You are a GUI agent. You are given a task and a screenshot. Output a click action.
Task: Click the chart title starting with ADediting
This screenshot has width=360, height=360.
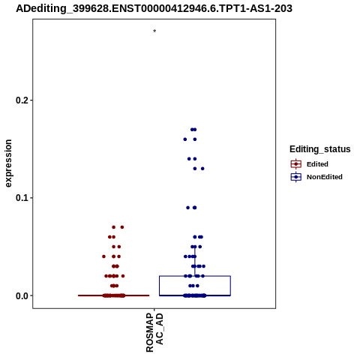coord(154,9)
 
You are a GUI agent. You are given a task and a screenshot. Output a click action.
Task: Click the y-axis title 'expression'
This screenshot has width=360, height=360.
coord(8,163)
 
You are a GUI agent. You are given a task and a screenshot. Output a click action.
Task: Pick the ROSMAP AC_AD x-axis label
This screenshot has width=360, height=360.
coord(154,332)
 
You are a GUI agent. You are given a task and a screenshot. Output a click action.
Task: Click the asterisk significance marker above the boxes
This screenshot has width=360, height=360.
coord(154,31)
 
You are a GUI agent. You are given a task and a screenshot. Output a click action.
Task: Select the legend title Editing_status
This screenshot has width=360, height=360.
coord(320,149)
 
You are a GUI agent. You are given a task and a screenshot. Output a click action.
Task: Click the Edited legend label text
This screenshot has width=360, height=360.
coord(317,164)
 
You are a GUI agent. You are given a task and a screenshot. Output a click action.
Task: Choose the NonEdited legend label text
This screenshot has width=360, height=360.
coord(325,177)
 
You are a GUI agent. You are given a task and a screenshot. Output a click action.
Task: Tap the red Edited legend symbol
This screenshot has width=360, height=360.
coord(296,164)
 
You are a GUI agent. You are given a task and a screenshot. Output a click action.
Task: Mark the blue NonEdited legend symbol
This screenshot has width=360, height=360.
coord(296,177)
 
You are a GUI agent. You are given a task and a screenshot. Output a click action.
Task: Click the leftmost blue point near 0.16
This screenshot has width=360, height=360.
coord(185,139)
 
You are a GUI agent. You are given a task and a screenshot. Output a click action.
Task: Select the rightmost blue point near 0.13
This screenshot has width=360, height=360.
coord(202,169)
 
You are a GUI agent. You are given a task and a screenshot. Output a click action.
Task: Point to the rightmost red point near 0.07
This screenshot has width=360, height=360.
coord(122,227)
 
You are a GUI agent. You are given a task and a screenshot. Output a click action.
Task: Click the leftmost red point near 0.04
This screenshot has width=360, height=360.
coord(103,256)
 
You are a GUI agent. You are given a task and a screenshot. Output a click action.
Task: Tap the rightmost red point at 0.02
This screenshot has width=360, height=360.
coord(123,276)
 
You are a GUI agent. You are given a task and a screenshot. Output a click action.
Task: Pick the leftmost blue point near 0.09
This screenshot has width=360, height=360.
coord(188,208)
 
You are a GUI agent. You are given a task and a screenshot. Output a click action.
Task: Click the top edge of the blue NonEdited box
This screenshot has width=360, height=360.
coord(195,276)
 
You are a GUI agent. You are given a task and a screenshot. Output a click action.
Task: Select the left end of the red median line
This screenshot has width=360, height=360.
coord(78,295)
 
